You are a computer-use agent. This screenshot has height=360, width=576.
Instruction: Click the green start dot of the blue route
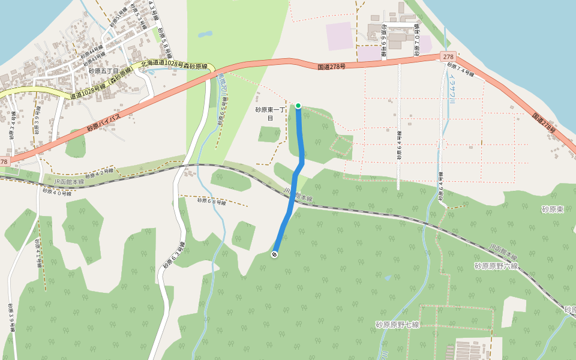point(298,106)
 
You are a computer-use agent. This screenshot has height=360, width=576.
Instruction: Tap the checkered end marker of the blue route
point(274,254)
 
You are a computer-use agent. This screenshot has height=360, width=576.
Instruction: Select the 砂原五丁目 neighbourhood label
point(104,71)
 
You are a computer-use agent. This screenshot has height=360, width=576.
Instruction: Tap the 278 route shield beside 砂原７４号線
point(449,56)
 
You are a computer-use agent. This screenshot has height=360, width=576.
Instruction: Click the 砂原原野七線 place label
point(397,325)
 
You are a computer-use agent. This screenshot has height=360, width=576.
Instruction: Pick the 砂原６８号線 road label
point(212,202)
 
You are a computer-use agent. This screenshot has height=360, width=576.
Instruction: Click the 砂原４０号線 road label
point(57,192)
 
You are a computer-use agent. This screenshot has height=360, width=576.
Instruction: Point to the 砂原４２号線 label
point(98,175)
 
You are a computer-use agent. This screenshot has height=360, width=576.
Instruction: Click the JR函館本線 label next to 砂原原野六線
point(503,251)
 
